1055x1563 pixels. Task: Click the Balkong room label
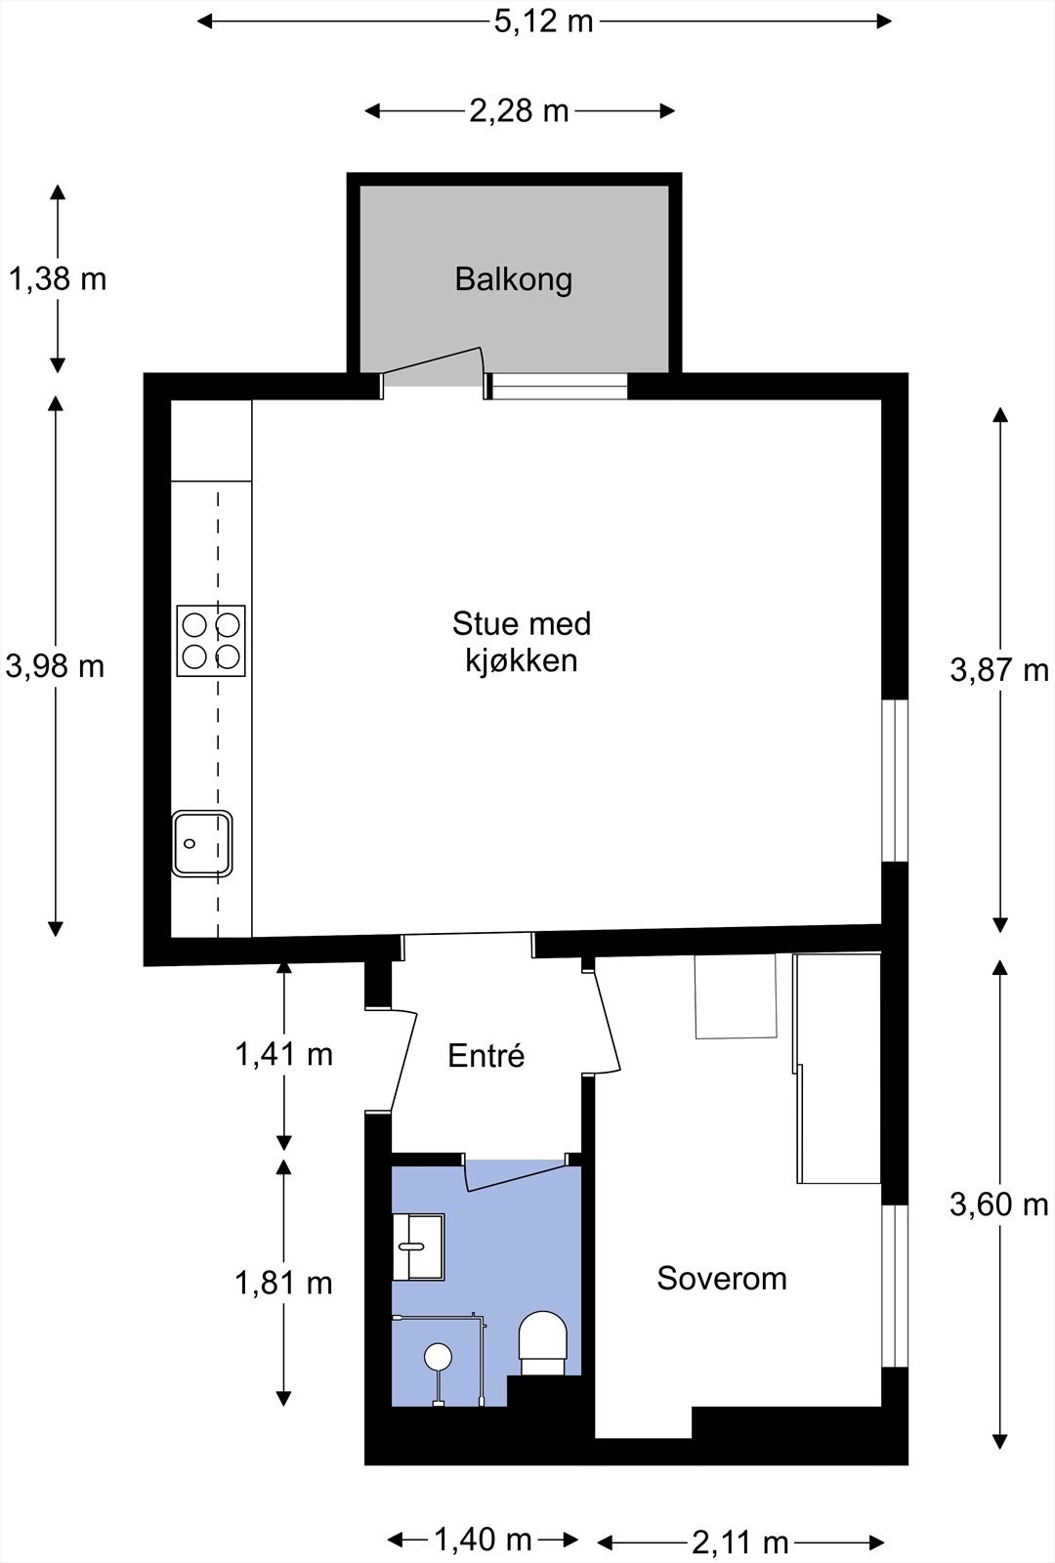coord(513,279)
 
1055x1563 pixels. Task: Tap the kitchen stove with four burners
coord(211,641)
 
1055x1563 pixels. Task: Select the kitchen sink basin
coord(202,843)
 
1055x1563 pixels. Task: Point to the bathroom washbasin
coord(417,1246)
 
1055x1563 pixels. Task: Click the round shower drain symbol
coord(438,1356)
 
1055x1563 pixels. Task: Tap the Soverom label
coord(721,1278)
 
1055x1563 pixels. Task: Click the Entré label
coord(485,1056)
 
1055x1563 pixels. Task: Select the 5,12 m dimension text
coord(543,21)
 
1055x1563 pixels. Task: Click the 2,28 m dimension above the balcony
coord(519,110)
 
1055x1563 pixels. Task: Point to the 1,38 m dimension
coord(58,279)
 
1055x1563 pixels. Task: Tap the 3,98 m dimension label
coord(55,666)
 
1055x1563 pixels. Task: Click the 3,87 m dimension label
coord(998,670)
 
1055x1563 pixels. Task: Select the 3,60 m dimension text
coord(998,1204)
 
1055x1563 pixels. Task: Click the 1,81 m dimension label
coord(283,1282)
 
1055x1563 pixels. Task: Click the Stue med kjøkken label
coord(521,642)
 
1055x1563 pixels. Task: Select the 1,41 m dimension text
coord(283,1054)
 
